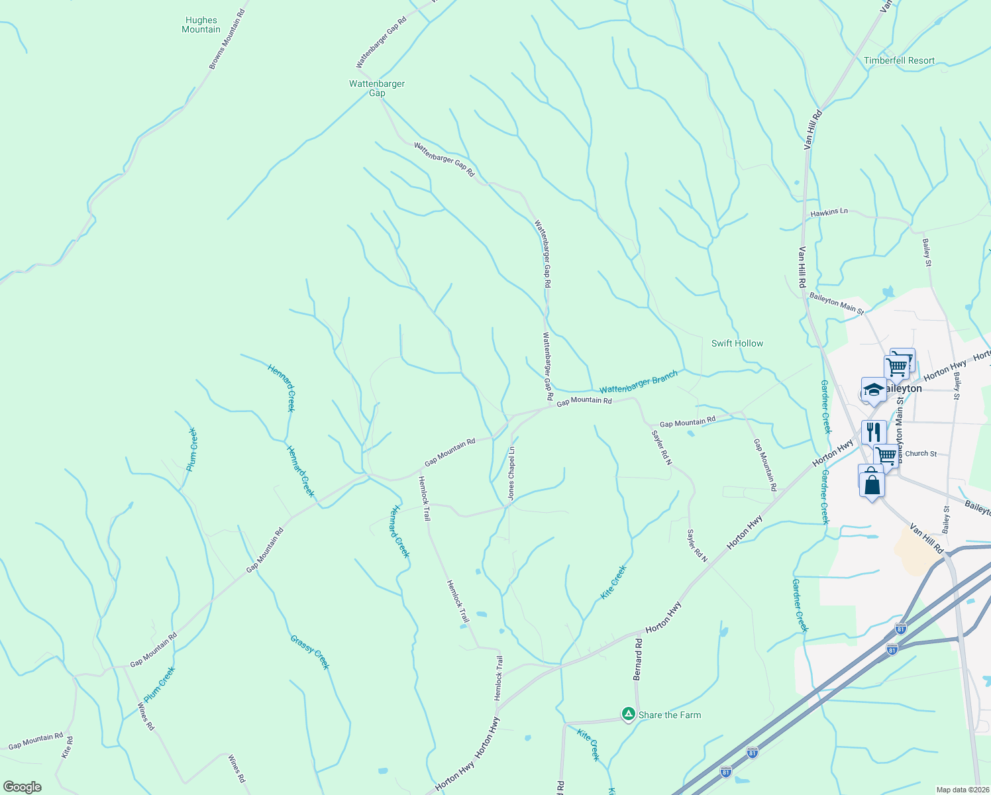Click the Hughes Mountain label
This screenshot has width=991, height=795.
[201, 25]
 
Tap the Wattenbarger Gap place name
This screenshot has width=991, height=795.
[377, 88]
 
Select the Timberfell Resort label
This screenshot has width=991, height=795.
[899, 60]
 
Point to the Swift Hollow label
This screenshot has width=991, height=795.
[737, 343]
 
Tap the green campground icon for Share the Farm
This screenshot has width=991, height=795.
[627, 714]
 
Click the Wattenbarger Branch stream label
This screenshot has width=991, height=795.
[639, 382]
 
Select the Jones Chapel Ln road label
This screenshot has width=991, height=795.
[511, 473]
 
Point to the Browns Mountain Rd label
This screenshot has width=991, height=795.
[227, 40]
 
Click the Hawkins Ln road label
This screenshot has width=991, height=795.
[829, 212]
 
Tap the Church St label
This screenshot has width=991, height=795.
[921, 454]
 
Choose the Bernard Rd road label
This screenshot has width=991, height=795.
[637, 659]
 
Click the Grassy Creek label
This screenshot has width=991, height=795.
[309, 652]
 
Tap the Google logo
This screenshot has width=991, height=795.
[23, 787]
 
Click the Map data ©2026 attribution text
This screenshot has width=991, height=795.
[962, 790]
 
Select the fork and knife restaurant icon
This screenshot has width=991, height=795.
[874, 432]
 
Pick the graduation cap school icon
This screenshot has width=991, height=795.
[873, 390]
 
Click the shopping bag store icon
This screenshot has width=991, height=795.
[872, 484]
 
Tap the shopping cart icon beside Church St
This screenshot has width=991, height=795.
[886, 455]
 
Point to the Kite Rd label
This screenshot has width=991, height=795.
[66, 747]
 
